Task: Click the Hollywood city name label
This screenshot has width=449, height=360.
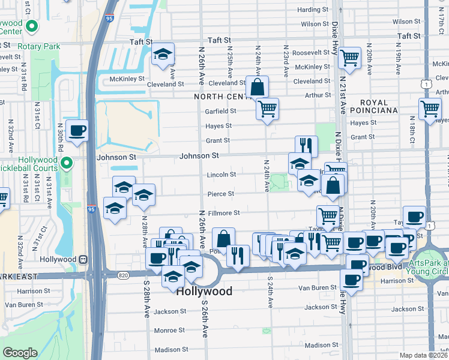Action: click(204, 291)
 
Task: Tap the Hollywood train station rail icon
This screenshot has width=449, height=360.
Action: click(83, 260)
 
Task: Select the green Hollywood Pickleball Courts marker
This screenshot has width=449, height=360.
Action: click(68, 161)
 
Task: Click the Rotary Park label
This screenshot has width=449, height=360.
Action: click(38, 46)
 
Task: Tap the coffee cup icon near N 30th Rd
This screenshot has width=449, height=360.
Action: click(77, 130)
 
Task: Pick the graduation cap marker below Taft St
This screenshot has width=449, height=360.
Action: click(162, 55)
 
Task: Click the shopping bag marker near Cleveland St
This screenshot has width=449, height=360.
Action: click(257, 87)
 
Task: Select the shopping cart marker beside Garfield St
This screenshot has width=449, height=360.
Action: click(267, 109)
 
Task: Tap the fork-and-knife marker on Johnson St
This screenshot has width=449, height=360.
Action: click(306, 145)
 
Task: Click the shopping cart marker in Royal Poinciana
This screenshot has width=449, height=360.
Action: click(430, 109)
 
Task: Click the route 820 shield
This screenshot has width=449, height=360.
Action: click(123, 275)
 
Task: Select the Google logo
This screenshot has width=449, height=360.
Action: click(20, 353)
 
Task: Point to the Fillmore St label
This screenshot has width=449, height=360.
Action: click(224, 213)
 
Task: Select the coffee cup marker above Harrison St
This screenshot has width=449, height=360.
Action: click(351, 279)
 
